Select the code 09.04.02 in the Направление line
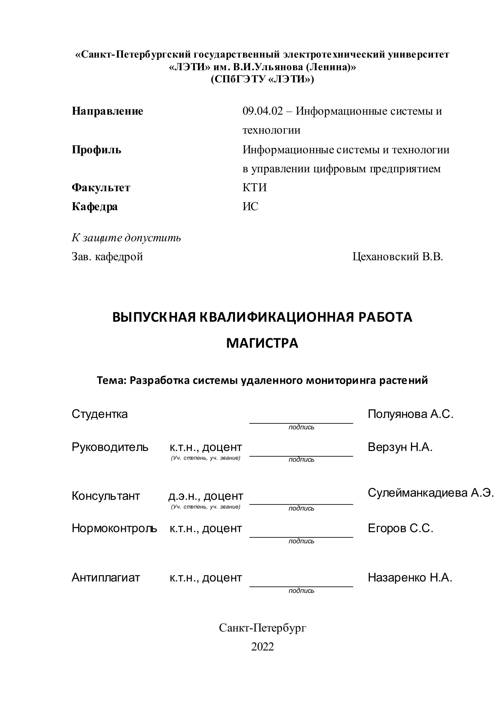pos(262,111)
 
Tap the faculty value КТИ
pos(254,188)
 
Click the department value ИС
pos(250,206)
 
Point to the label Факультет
pos(101,188)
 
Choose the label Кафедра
pos(95,206)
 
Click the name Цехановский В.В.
pos(398,256)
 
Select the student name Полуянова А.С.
pos(410,414)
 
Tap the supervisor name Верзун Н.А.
pos(400,447)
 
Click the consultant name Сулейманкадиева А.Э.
pos(431,493)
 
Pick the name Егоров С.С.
pos(400,528)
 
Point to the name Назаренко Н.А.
pos(410,577)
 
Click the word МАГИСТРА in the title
pos(262,343)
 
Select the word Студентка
pos(100,414)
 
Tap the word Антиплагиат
pos(106,577)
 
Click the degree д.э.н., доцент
pos(206,496)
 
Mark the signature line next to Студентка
pos(301,423)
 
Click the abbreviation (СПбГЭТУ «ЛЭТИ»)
pos(262,79)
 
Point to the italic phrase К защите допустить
pos(126,238)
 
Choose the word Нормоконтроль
pos(114,528)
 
